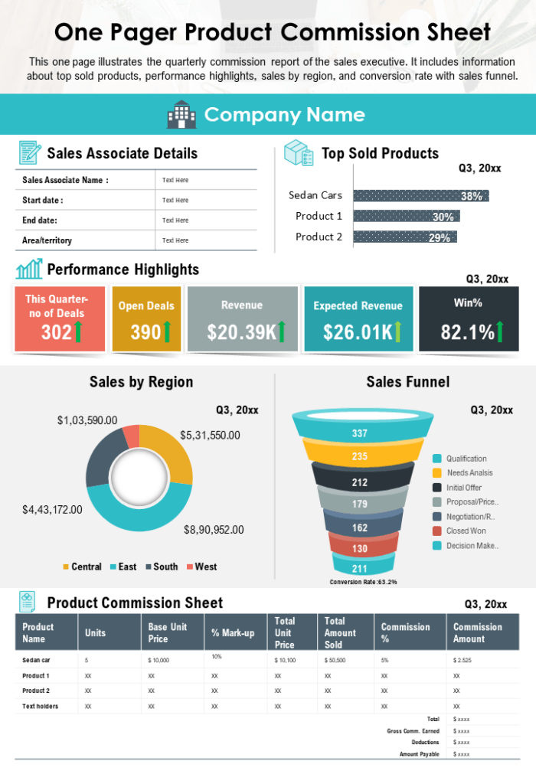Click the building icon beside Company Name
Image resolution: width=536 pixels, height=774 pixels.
pyautogui.click(x=181, y=115)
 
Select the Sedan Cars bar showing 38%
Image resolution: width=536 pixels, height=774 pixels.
pyautogui.click(x=420, y=195)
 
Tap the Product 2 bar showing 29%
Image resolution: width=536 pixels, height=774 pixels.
pyautogui.click(x=404, y=237)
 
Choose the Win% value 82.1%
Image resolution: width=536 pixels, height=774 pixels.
pyautogui.click(x=467, y=331)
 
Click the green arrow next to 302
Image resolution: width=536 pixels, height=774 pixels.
pyautogui.click(x=78, y=331)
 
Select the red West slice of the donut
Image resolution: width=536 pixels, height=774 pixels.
pyautogui.click(x=132, y=436)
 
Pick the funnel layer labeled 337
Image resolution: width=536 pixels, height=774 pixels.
pyautogui.click(x=359, y=433)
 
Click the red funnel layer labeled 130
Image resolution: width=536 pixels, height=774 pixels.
pyautogui.click(x=359, y=548)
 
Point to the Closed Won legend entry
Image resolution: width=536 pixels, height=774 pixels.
pyautogui.click(x=466, y=531)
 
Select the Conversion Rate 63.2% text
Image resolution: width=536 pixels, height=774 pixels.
pyautogui.click(x=363, y=582)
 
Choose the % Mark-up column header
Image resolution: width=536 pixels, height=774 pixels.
pyautogui.click(x=233, y=632)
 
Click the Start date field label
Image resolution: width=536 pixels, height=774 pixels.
pyautogui.click(x=43, y=201)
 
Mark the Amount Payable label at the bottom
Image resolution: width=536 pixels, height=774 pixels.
pyautogui.click(x=419, y=754)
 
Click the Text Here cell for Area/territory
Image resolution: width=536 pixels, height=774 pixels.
pyautogui.click(x=175, y=240)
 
